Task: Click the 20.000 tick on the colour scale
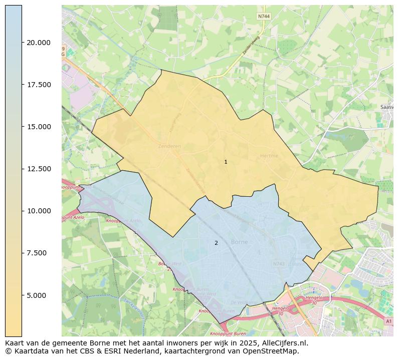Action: [39, 43]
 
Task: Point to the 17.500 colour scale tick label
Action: [39, 85]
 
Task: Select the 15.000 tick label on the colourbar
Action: [39, 127]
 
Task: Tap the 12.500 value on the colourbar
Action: [39, 169]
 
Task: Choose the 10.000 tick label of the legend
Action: [39, 211]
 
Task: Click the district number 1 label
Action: [226, 162]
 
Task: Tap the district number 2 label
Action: [216, 243]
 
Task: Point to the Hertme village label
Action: [269, 156]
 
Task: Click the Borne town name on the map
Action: [239, 242]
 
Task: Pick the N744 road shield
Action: [264, 17]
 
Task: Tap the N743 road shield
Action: [279, 263]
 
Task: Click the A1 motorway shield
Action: [389, 321]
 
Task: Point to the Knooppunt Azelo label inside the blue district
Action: [124, 221]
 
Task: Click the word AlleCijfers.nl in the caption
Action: [283, 343]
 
